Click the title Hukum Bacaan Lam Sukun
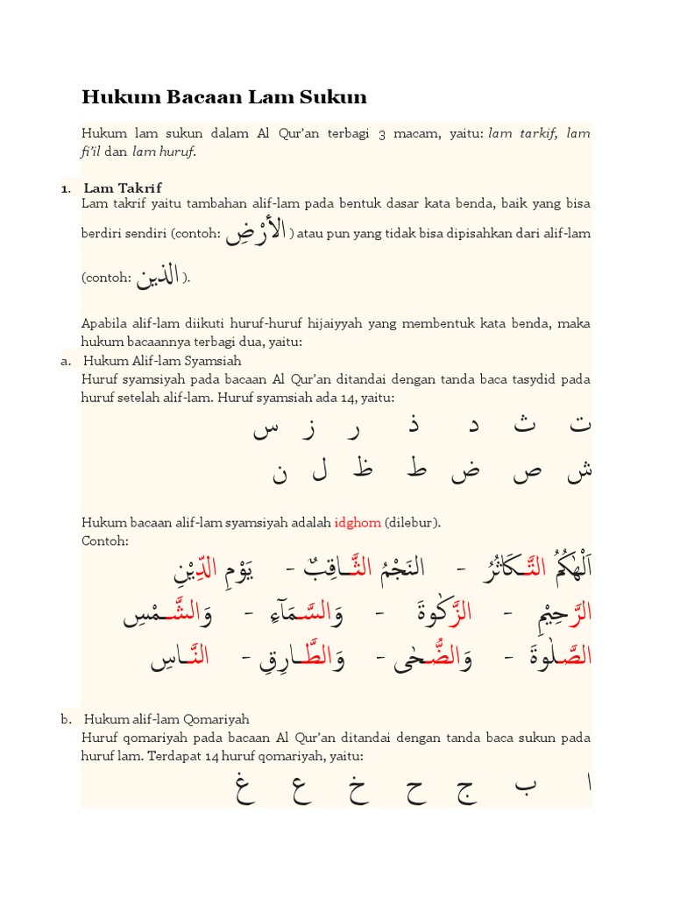click(224, 96)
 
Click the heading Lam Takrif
click(123, 187)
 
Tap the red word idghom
click(358, 523)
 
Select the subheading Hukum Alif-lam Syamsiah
click(162, 360)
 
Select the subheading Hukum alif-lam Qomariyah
click(166, 719)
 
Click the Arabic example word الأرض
click(256, 232)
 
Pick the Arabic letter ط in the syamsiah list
click(417, 470)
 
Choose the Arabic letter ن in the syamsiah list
click(280, 473)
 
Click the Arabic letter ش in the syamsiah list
click(579, 471)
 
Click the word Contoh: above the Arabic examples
click(105, 540)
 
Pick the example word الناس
click(180, 657)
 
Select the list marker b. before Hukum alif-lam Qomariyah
click(67, 719)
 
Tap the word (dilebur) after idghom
click(413, 523)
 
